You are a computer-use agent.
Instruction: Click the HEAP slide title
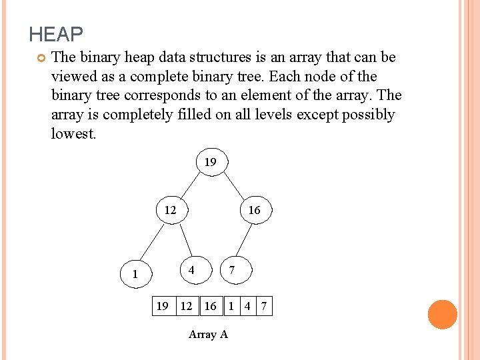[56, 34]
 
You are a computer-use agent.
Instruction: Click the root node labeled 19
[210, 162]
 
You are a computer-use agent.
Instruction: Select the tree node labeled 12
[171, 210]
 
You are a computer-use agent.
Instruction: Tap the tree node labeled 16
[254, 210]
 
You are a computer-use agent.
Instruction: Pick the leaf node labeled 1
[135, 273]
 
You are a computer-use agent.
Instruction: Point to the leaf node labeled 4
[191, 270]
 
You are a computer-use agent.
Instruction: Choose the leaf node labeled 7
[231, 270]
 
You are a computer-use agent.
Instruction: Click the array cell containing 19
[162, 306]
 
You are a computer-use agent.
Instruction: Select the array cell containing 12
[187, 306]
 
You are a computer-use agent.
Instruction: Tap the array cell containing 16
[211, 306]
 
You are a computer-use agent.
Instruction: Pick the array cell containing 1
[231, 306]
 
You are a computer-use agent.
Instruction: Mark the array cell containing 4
[247, 306]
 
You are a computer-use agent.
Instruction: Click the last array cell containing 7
[264, 306]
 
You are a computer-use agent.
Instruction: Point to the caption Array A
[208, 334]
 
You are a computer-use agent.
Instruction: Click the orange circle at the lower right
[443, 315]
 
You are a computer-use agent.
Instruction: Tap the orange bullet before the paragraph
[40, 58]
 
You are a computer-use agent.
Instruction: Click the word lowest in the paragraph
[73, 133]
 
